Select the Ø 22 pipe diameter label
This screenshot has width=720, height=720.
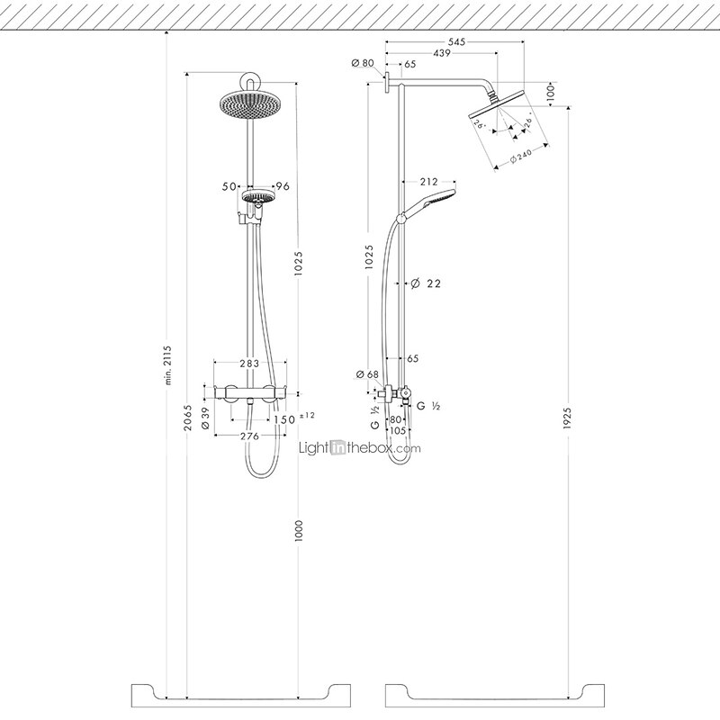[426, 283]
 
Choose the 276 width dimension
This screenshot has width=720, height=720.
[249, 436]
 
